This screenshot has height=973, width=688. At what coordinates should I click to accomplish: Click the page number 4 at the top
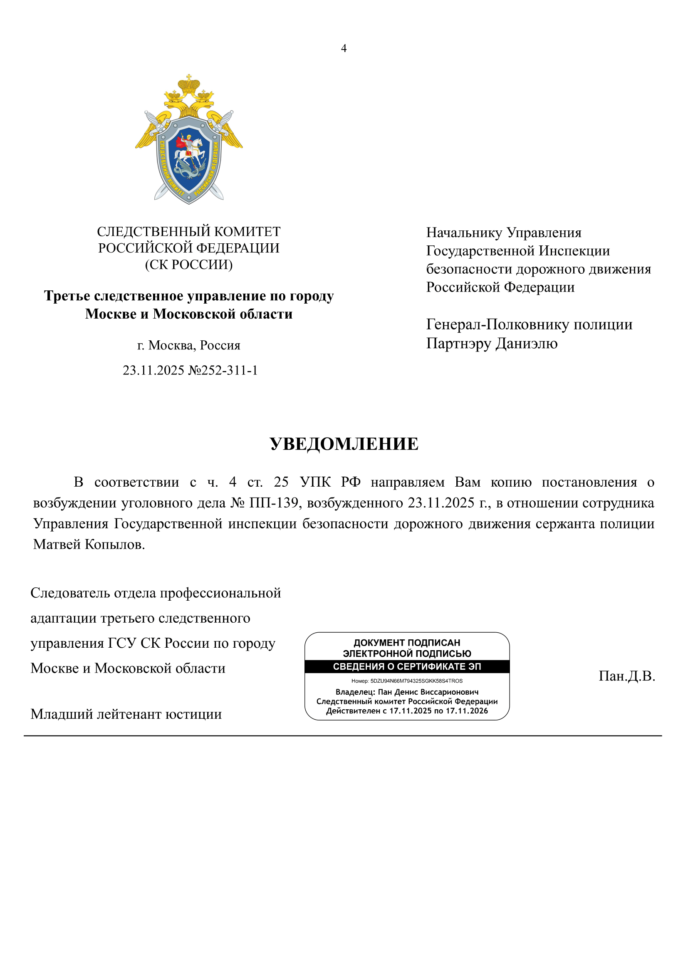pos(344,48)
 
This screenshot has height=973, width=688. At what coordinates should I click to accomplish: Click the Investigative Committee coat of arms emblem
pos(188,140)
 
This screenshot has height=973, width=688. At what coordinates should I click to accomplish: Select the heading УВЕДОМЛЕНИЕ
pos(344,444)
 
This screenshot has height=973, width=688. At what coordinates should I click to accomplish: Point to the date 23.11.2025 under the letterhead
pos(153,370)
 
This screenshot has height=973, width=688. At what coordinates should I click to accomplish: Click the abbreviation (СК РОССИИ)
pos(188,265)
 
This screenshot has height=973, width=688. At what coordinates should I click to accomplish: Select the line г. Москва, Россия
pos(188,345)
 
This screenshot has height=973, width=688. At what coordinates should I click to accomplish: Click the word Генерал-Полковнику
pos(497,324)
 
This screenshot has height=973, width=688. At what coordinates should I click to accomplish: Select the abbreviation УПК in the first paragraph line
pos(315,482)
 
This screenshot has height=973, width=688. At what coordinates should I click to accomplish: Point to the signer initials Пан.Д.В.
pos(626,676)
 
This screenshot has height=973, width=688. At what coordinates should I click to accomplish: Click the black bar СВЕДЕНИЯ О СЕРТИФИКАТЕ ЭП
pos(407,666)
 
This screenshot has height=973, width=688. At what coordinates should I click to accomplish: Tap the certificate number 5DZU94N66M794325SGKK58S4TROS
pos(416,681)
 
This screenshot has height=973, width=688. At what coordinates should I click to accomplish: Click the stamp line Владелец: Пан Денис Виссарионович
pos(407,692)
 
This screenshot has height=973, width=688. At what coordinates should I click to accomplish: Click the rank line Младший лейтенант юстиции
pos(126,714)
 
